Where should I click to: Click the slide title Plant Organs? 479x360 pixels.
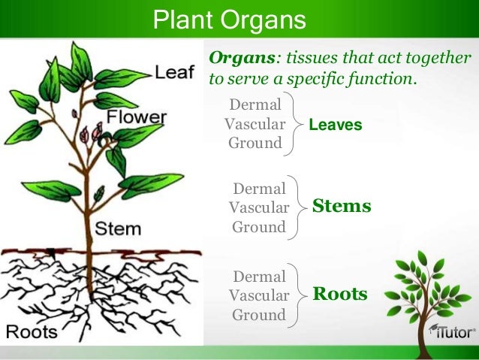click(x=229, y=19)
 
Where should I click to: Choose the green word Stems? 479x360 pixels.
click(x=342, y=205)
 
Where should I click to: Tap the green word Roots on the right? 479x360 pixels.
click(x=339, y=293)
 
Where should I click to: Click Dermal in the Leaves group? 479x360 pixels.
click(x=255, y=104)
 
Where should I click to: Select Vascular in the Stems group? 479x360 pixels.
click(x=258, y=207)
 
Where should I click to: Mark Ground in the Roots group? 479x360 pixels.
click(x=258, y=315)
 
